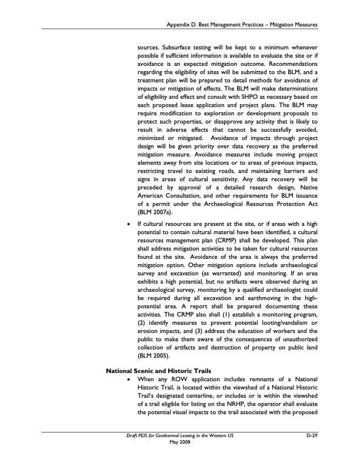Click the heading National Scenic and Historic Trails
click(155, 371)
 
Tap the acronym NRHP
click(231, 405)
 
